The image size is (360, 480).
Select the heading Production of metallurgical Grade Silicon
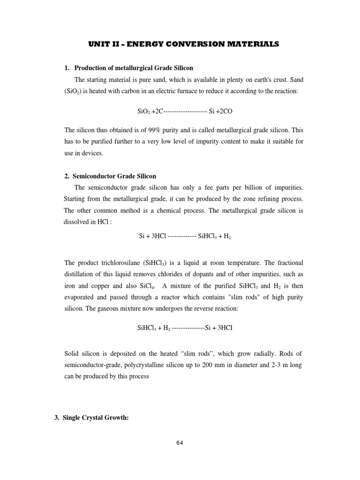[134, 68]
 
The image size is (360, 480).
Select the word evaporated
[82, 298]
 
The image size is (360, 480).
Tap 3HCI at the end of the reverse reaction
[225, 328]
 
